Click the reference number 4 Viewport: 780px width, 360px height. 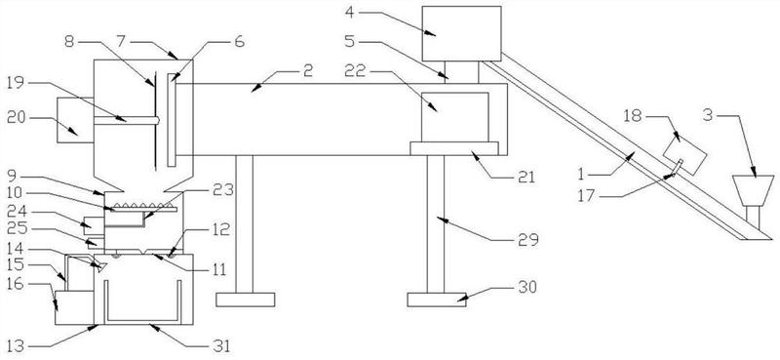[350, 12]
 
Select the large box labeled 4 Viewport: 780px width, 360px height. [461, 33]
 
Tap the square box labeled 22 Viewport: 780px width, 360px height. [454, 117]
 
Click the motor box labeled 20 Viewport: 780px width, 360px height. [75, 120]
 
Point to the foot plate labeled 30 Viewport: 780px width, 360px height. [436, 300]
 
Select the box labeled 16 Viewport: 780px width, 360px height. [74, 307]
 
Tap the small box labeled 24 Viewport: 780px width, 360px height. [93, 225]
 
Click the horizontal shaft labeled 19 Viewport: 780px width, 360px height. [127, 120]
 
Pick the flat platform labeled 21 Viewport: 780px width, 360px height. [454, 148]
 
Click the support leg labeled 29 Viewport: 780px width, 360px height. [435, 224]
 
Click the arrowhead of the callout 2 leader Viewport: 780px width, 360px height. [255, 88]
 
